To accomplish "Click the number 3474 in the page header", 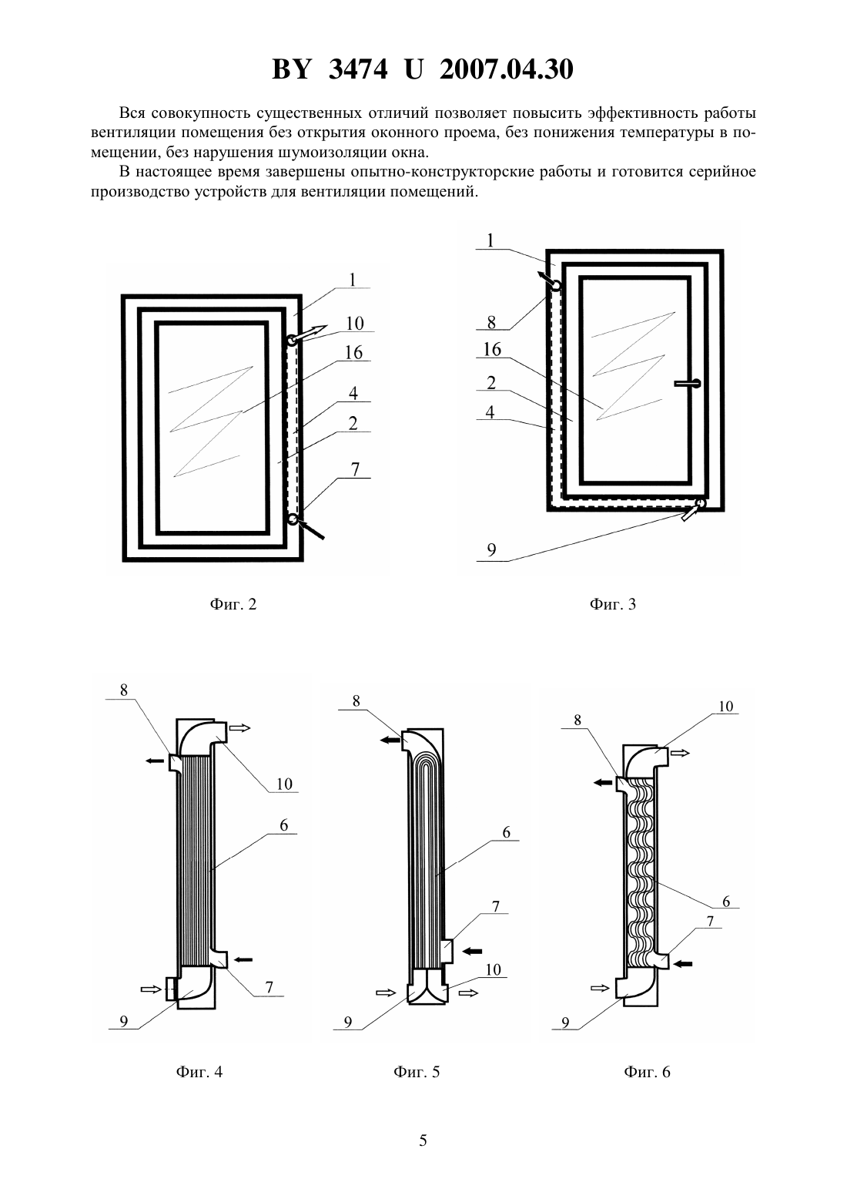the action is (358, 69).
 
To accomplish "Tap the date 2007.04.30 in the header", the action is (507, 69).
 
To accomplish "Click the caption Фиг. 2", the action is (233, 604).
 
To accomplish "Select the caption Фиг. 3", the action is (613, 604).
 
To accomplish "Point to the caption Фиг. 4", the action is (199, 1072).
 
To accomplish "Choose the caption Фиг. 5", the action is (417, 1072).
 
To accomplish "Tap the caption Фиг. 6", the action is (647, 1072).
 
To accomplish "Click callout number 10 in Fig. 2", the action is (355, 324).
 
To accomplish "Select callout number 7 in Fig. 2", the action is (355, 469).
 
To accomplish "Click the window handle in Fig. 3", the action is (687, 383).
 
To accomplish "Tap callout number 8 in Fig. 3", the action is (491, 322).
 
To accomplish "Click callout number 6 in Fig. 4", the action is (284, 825).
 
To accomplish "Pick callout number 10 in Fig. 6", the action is (725, 706).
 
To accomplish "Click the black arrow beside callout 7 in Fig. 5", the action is (472, 951).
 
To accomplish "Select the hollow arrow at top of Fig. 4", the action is (240, 727).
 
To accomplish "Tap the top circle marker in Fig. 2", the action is (290, 341).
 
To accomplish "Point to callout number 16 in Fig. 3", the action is (492, 350).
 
